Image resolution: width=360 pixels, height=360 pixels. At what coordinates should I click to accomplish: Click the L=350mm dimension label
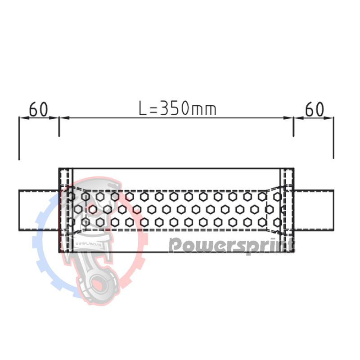[177, 108]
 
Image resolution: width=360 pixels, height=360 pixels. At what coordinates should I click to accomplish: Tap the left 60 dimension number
[39, 109]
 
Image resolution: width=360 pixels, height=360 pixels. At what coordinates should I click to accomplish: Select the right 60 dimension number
[315, 109]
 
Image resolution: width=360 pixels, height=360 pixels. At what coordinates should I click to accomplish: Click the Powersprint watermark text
[231, 245]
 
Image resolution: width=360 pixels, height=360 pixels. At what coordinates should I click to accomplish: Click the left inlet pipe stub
[39, 210]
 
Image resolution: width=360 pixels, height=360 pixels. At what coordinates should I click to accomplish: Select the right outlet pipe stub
[314, 210]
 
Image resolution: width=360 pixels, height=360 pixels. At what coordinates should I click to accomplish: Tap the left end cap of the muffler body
[66, 210]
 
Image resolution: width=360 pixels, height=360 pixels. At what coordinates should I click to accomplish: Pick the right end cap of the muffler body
[287, 210]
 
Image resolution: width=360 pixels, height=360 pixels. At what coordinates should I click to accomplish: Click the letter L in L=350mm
[143, 108]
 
